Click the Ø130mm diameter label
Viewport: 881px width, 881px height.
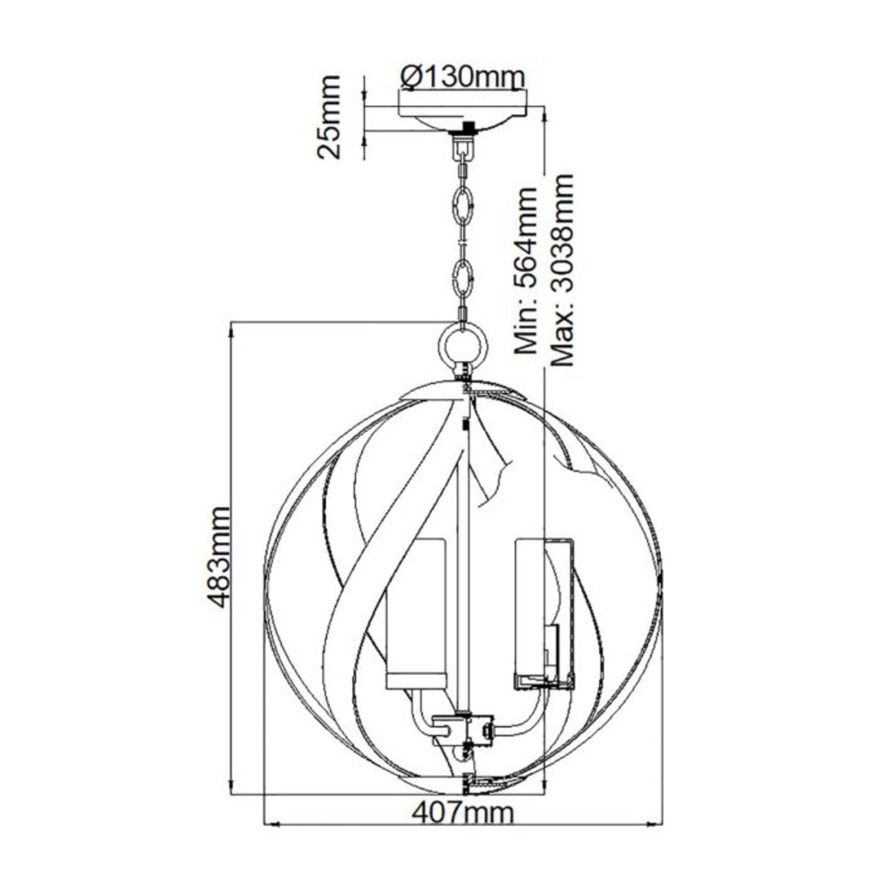coord(462,77)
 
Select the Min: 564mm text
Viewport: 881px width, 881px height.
coord(526,270)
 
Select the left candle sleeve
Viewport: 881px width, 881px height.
coord(415,611)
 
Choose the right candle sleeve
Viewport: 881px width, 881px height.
coord(543,611)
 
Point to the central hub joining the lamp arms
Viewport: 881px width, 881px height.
coord(464,728)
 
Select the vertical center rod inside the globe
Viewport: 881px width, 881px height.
coord(463,558)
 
